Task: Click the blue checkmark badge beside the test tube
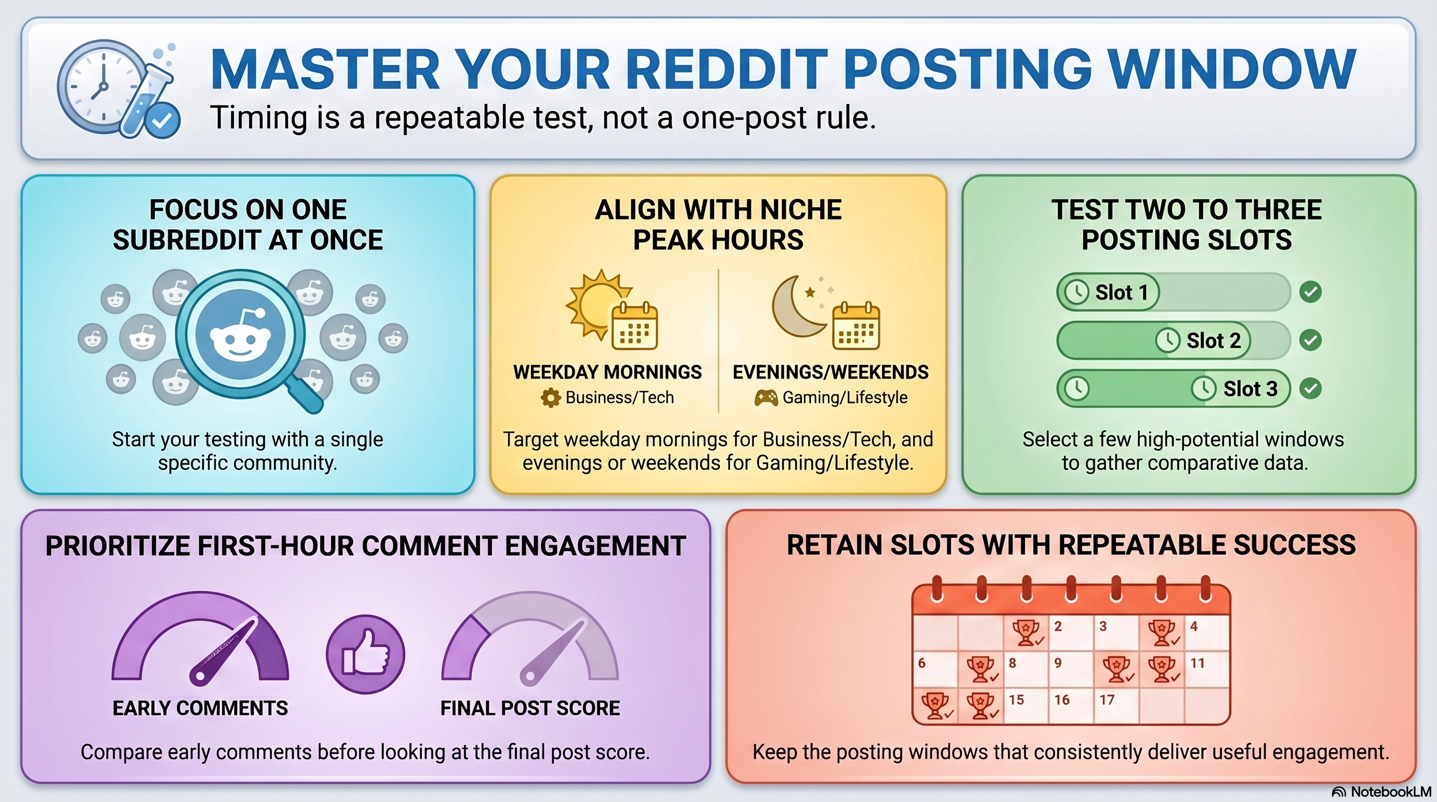[x=162, y=120]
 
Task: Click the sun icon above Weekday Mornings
[x=595, y=304]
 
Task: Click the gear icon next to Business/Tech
[x=550, y=398]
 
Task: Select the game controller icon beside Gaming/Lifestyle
[x=765, y=398]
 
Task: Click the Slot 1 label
[x=1121, y=292]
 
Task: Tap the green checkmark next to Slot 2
[x=1310, y=340]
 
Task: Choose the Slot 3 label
[x=1250, y=389]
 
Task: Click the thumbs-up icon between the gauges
[x=366, y=654]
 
